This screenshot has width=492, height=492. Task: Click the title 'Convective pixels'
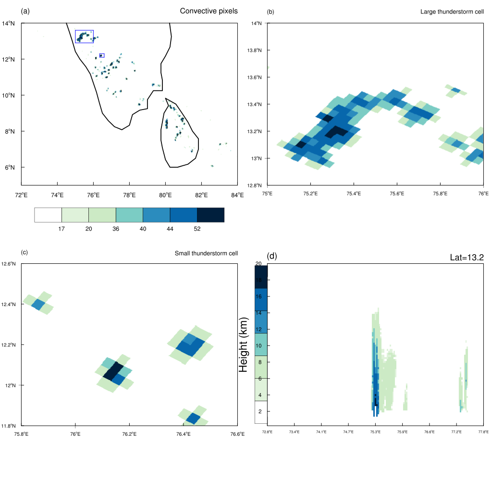pos(209,11)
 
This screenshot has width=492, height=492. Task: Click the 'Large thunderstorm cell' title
pos(452,12)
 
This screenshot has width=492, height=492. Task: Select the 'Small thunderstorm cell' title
pos(206,253)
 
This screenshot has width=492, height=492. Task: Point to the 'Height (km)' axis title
pos(244,344)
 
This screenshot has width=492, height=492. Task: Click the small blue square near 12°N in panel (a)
pos(101,55)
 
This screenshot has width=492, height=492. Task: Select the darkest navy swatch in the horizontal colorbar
pos(210,215)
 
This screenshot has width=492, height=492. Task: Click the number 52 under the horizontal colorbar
pos(197,229)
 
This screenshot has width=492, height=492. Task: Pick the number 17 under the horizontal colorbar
pos(61,229)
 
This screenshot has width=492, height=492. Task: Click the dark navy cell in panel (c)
pos(113,371)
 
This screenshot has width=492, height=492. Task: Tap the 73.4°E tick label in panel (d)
pos(294,432)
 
